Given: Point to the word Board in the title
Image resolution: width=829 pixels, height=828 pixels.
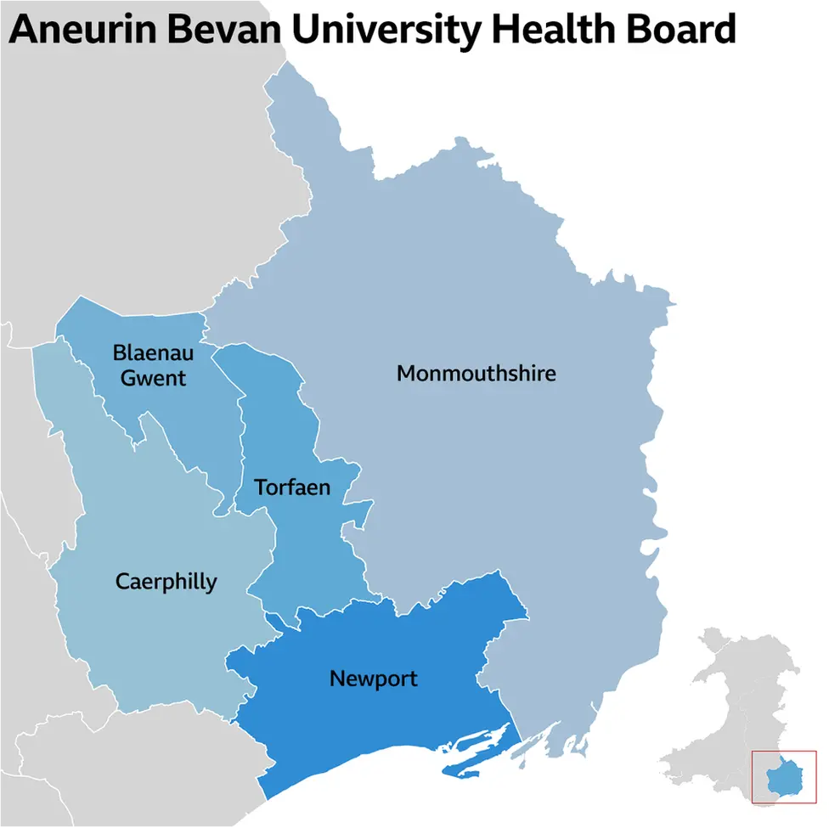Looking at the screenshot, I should pos(679,30).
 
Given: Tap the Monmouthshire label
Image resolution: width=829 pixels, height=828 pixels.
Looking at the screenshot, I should pos(476,373).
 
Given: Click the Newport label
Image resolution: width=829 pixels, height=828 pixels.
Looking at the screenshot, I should pos(373,679).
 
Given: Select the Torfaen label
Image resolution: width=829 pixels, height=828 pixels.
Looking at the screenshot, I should pos(292,487).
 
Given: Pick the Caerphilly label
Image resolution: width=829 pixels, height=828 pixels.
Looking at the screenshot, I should pos(166,582).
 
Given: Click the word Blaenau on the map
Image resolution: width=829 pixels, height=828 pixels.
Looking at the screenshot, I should pos(153,352).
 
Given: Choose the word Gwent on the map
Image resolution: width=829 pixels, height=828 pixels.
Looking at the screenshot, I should pos(153,377).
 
